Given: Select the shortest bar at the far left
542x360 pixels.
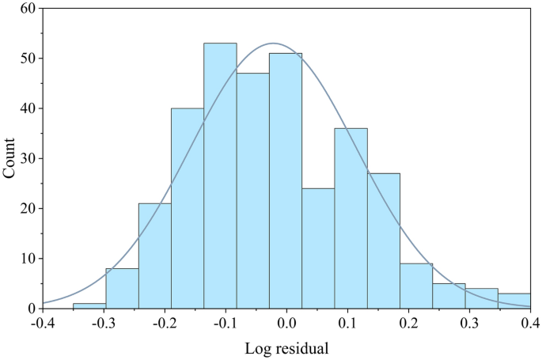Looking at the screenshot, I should click(89, 305).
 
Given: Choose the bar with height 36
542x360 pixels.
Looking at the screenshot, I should click(351, 218).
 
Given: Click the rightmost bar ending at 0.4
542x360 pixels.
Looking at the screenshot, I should click(514, 301).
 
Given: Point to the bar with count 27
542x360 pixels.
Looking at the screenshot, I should click(384, 241).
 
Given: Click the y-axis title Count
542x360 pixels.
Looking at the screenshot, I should click(10, 157).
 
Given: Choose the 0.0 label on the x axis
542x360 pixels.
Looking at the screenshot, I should click(286, 323).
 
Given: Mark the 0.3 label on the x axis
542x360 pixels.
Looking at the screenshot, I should click(470, 323).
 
